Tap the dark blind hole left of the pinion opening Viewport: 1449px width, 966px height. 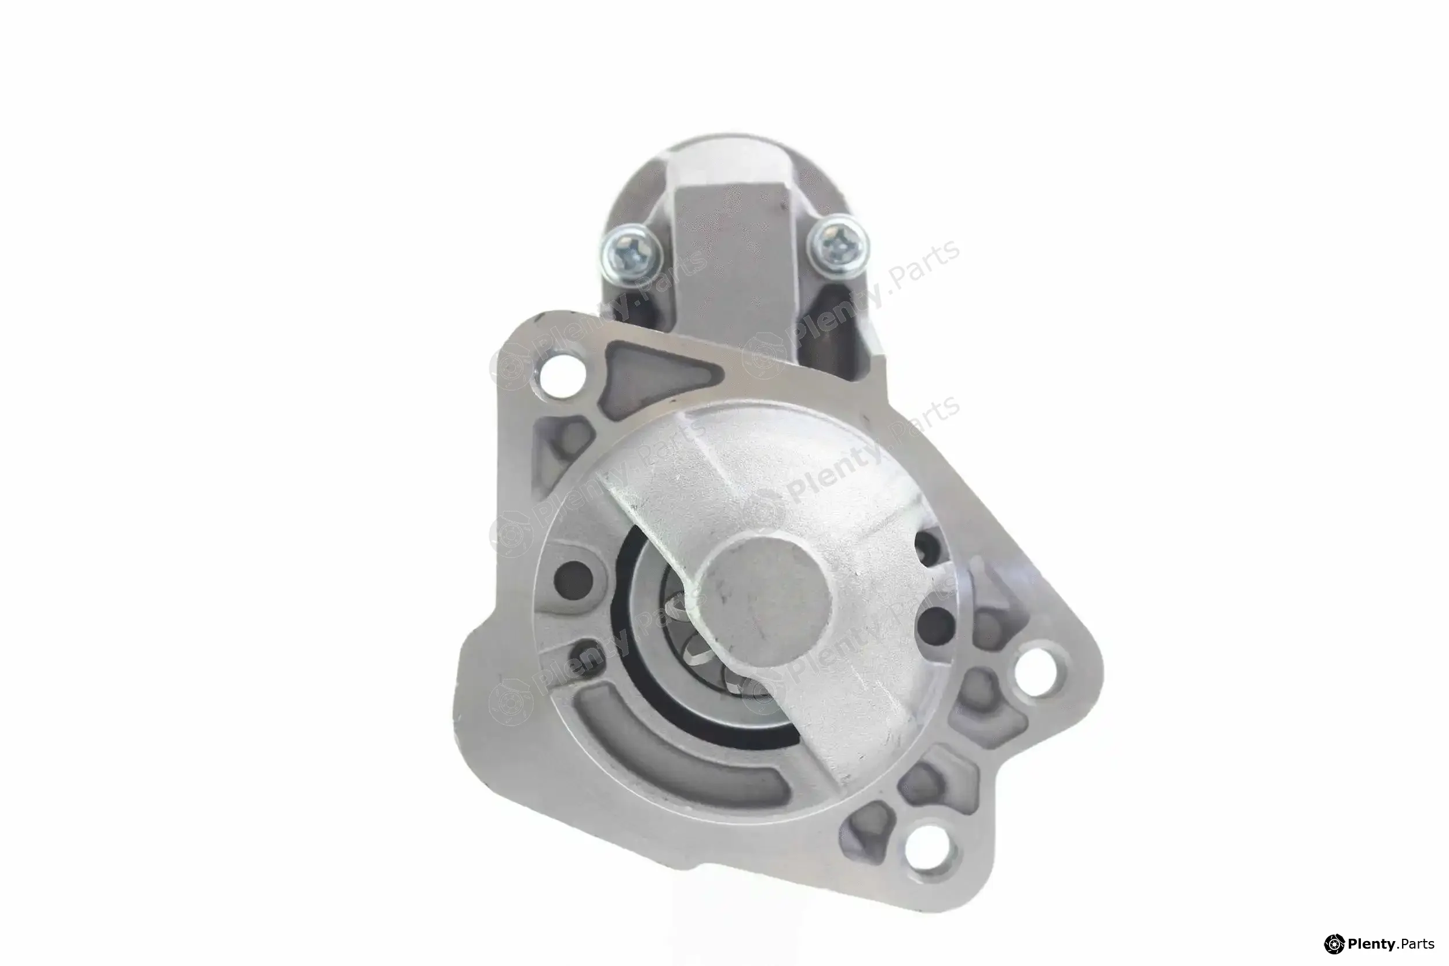[x=573, y=579]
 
